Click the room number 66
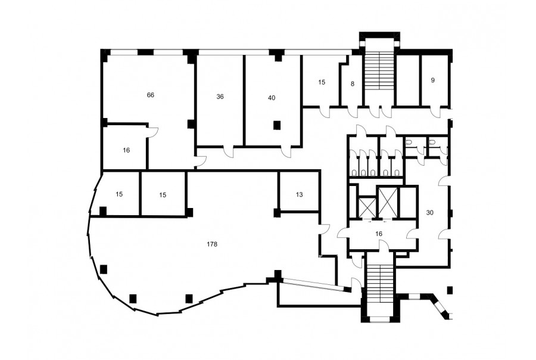tap(151, 95)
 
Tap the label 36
tap(220, 97)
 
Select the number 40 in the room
tap(272, 98)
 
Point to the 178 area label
tap(212, 244)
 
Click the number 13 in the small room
tap(300, 195)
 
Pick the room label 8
tap(353, 83)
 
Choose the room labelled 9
tap(433, 80)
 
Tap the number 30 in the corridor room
tap(429, 213)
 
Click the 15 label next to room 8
tap(322, 82)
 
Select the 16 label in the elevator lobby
tap(378, 234)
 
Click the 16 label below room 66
tap(126, 150)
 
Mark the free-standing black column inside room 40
tap(277, 126)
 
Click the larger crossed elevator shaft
tap(388, 203)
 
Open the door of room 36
tap(228, 152)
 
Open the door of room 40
tap(286, 152)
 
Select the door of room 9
tap(435, 112)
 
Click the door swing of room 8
tap(353, 112)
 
